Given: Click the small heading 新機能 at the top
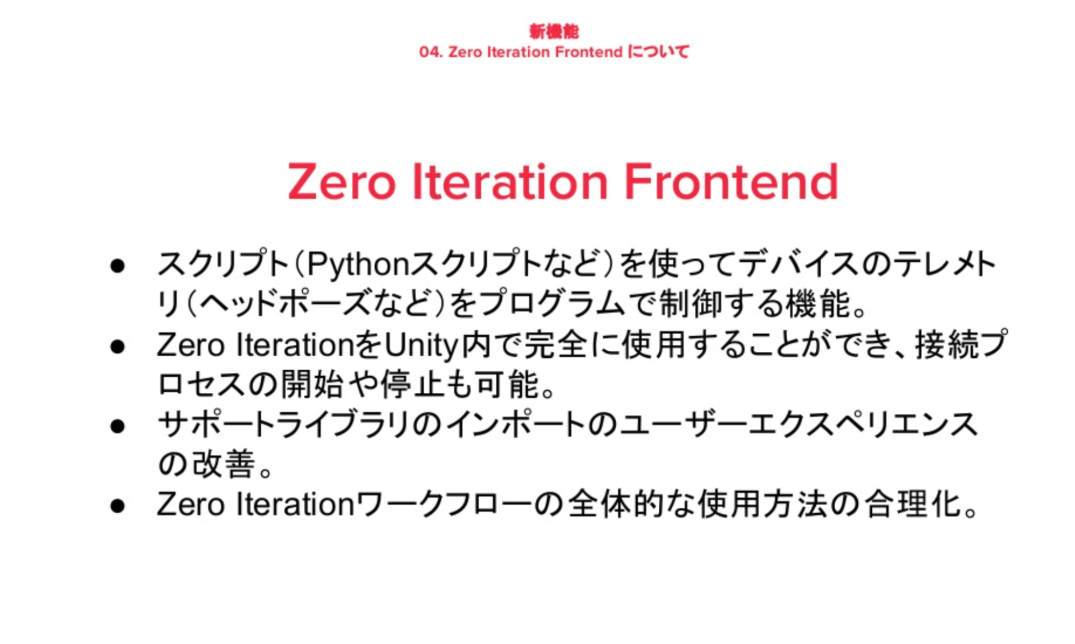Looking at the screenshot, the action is (554, 32).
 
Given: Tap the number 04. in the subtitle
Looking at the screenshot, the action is (431, 52).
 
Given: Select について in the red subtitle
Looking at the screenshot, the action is (658, 52).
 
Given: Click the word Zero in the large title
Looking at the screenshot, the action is (341, 182).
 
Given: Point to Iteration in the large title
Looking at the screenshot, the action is (510, 182).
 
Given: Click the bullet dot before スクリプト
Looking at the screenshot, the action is (117, 266).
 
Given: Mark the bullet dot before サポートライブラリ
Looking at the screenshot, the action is (117, 427).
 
